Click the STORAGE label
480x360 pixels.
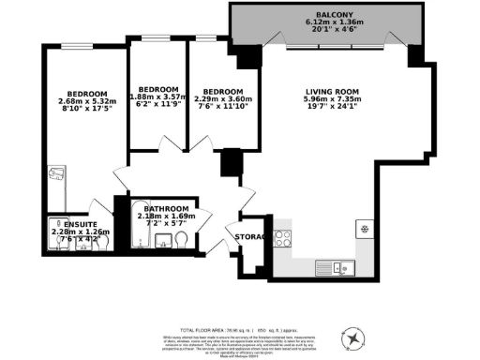(253, 237)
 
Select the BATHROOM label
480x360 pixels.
(167, 208)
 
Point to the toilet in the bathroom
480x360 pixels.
(185, 242)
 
